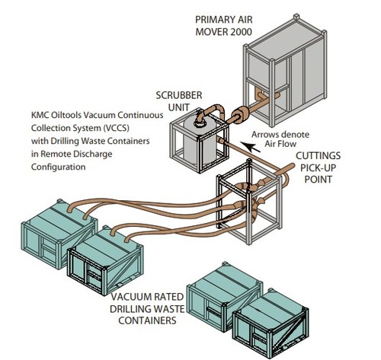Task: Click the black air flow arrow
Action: [x=250, y=147]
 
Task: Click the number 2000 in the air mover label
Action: [x=241, y=32]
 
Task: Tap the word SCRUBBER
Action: [x=179, y=95]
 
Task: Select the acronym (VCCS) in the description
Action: [x=116, y=128]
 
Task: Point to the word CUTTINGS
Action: [x=318, y=155]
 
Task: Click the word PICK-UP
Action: [x=318, y=167]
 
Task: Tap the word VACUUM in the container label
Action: [x=130, y=297]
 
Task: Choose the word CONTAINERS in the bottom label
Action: [x=147, y=320]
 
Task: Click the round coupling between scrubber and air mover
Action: [x=241, y=116]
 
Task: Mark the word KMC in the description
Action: [x=40, y=115]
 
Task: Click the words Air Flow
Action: [x=280, y=144]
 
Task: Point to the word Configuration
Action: [x=58, y=167]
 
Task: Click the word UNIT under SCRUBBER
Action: [x=179, y=107]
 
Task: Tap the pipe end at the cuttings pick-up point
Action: [x=291, y=166]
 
